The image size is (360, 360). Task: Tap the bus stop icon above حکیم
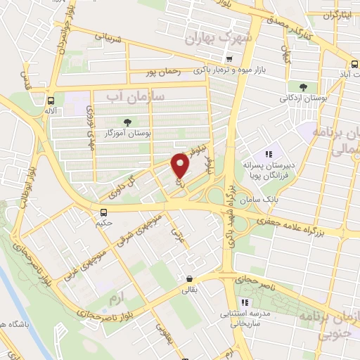pyautogui.click(x=104, y=212)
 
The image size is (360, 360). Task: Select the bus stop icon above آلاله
pyautogui.click(x=51, y=101)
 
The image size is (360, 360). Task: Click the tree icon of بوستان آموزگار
pyautogui.click(x=127, y=122)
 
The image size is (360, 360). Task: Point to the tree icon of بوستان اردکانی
pyautogui.click(x=303, y=86)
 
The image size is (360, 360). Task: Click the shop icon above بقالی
pyautogui.click(x=189, y=278)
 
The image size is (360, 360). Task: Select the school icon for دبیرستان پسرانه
pyautogui.click(x=268, y=154)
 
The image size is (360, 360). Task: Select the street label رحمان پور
pyautogui.click(x=162, y=71)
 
